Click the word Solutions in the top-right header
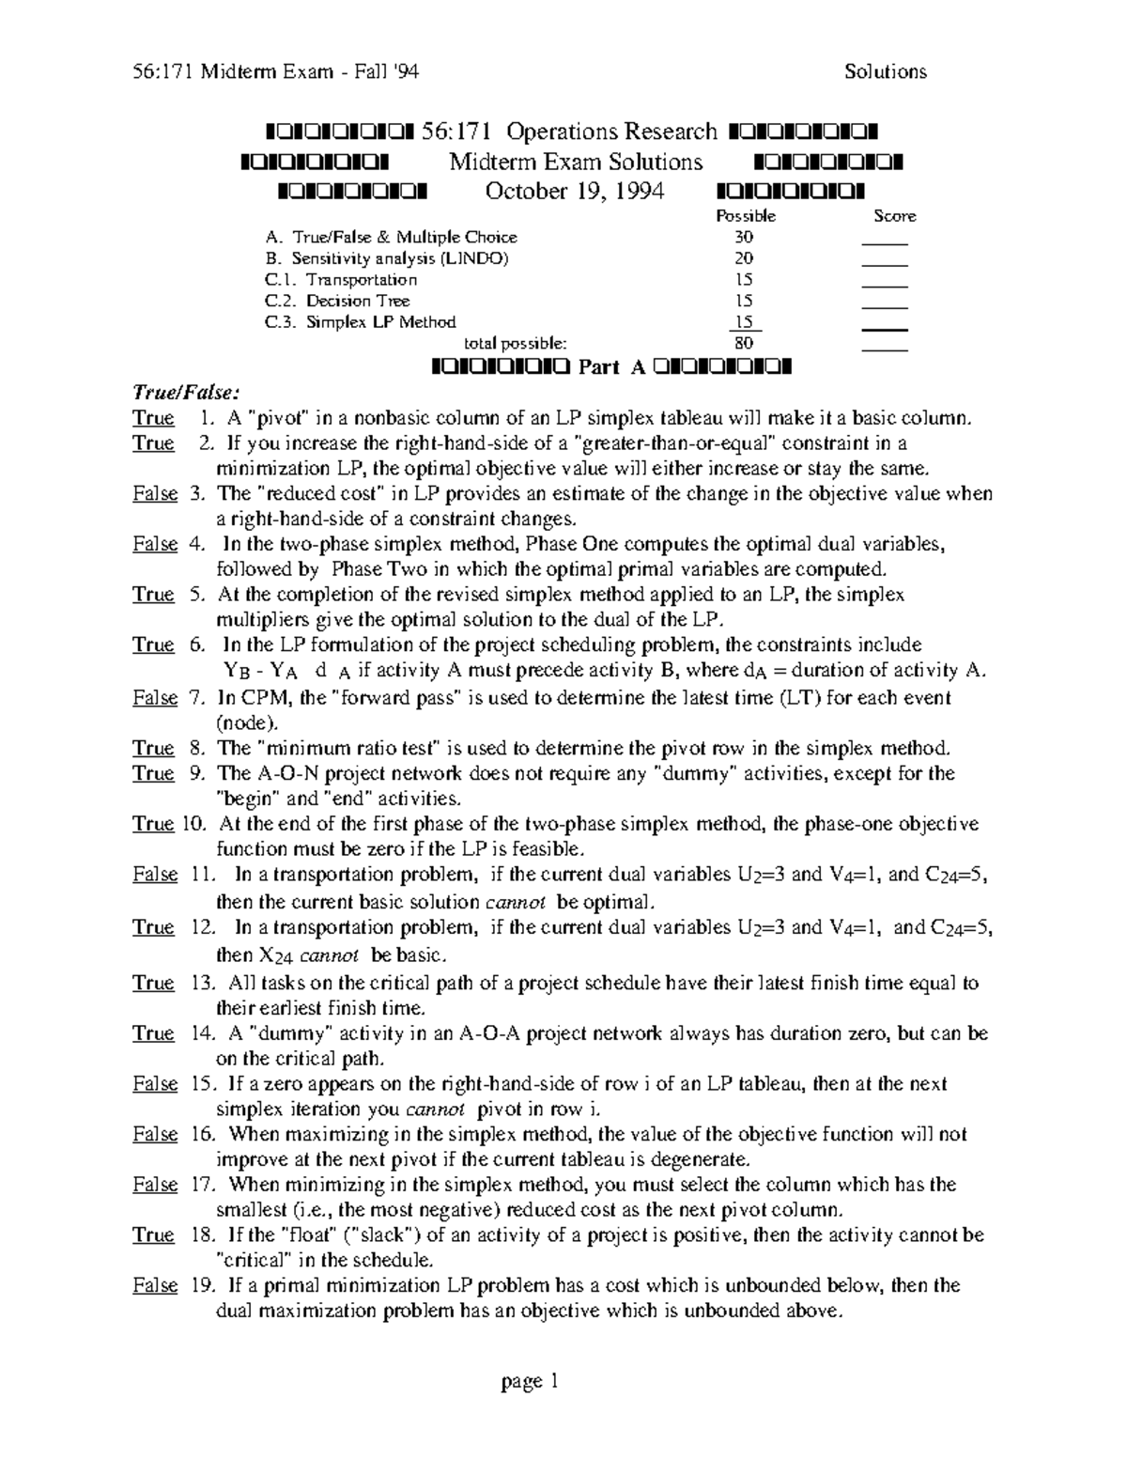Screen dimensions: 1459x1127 point(885,72)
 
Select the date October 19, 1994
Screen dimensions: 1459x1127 point(574,192)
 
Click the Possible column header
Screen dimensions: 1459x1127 point(746,216)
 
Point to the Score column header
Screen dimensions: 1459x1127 point(894,216)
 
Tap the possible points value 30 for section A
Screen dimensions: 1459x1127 point(744,238)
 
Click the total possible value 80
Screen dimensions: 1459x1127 point(744,344)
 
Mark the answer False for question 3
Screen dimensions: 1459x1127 point(155,494)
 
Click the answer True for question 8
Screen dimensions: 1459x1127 point(153,749)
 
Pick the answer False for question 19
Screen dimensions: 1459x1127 point(155,1285)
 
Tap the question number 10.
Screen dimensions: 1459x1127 point(193,825)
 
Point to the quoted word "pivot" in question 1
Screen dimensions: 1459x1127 point(278,418)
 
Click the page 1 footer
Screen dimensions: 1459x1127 point(531,1382)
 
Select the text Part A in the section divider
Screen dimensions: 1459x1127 point(612,367)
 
